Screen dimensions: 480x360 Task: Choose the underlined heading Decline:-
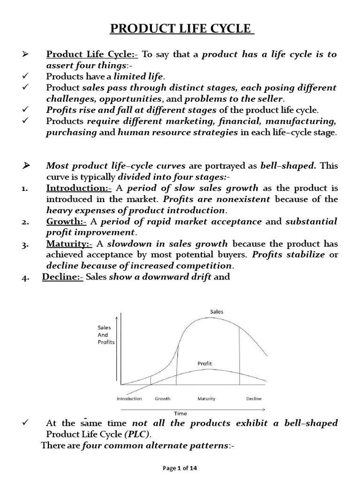pyautogui.click(x=63, y=277)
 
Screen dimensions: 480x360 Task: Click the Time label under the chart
pyautogui.click(x=181, y=413)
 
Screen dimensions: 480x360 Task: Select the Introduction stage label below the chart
pyautogui.click(x=129, y=399)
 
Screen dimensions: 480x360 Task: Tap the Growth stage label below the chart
pyautogui.click(x=162, y=399)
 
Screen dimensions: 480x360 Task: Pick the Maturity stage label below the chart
pyautogui.click(x=206, y=399)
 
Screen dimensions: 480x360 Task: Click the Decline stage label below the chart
pyautogui.click(x=254, y=399)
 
